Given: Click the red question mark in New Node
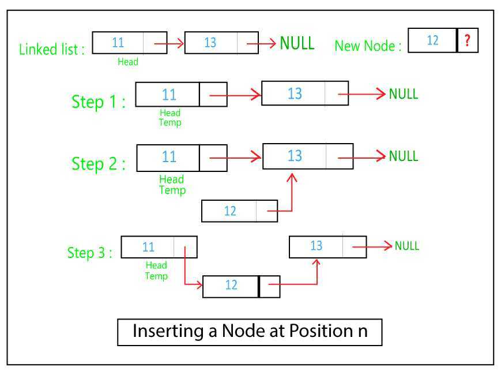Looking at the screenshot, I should point(468,40).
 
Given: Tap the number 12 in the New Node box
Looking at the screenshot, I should point(432,40).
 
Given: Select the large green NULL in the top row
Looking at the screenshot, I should point(297,43).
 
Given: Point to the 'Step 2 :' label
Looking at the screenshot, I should point(98,163).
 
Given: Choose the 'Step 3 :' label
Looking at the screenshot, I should point(89,253).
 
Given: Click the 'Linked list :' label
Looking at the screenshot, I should point(52,49).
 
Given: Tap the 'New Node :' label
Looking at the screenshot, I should point(368,46).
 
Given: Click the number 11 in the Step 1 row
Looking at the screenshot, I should point(169,94).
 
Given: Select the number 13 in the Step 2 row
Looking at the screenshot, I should point(295,156).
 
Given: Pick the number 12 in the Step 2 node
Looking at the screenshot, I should point(229,211).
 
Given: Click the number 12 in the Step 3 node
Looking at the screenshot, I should point(231,286).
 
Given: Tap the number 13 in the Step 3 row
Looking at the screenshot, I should point(316,246).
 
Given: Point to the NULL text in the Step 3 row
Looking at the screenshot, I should point(406,246).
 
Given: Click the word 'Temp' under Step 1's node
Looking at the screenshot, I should point(170,122).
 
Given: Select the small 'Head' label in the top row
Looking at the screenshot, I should point(127,61).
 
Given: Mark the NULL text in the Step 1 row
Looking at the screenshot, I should point(403,94).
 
